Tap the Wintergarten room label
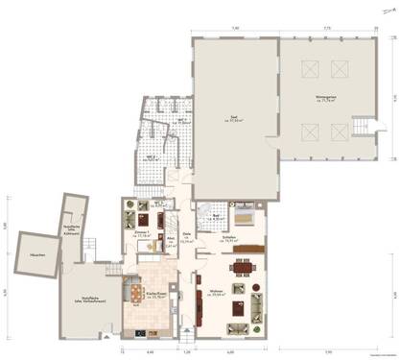point(328,98)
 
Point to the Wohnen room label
point(215,294)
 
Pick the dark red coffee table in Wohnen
point(240,308)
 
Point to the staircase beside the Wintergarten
point(363,126)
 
